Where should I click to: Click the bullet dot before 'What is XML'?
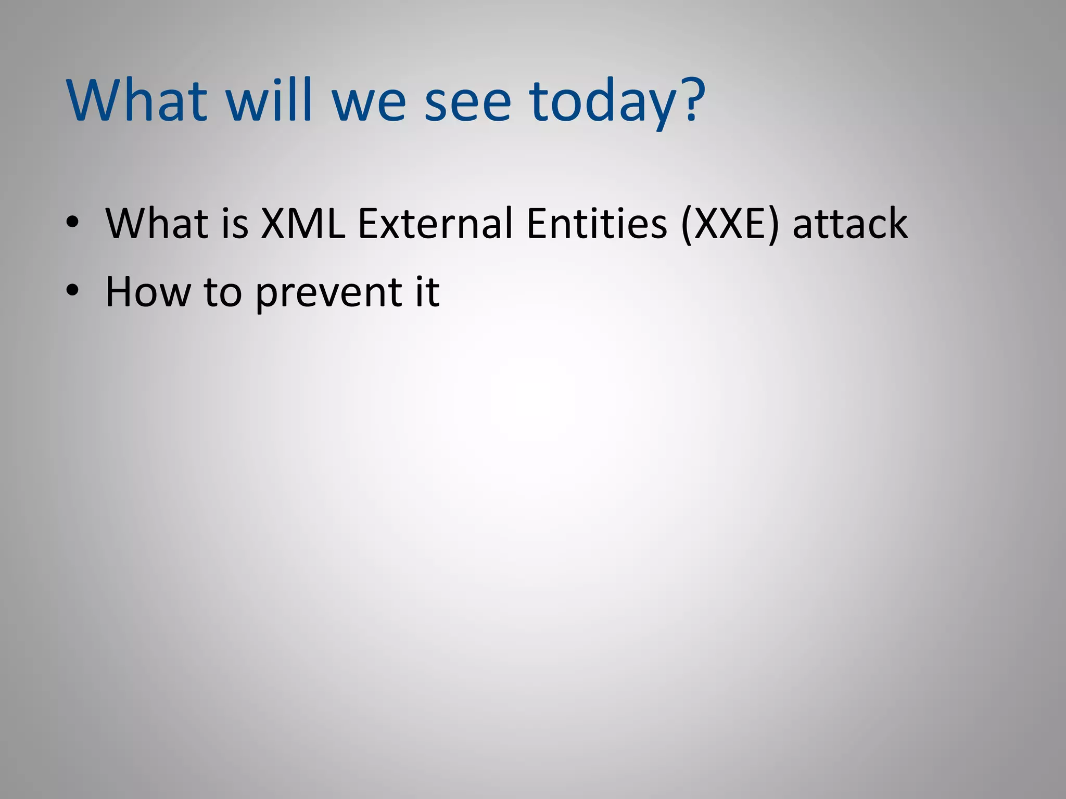[x=72, y=223]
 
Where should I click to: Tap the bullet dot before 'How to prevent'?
[x=72, y=291]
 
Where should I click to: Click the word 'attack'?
[x=850, y=224]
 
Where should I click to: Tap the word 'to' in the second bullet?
[x=223, y=291]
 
